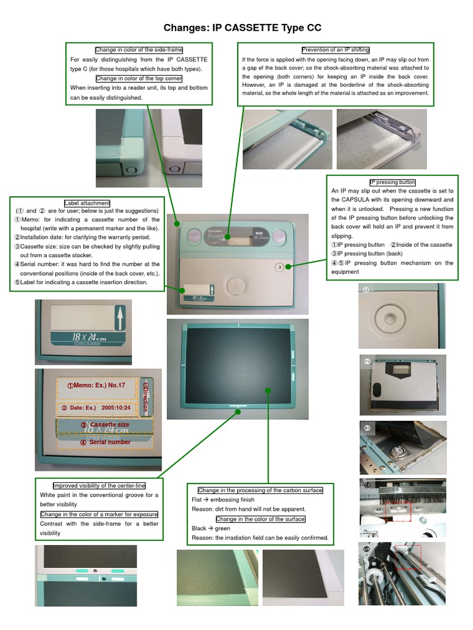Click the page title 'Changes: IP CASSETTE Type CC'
(x=242, y=28)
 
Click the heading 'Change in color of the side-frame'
(x=139, y=50)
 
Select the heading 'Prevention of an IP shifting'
(x=335, y=50)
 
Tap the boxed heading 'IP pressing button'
(x=392, y=182)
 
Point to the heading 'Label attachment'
(x=87, y=203)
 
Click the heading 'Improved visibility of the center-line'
(x=99, y=485)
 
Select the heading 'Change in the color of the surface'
(x=261, y=519)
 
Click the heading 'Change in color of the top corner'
(x=139, y=78)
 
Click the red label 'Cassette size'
(x=105, y=425)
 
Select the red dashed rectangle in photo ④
(x=397, y=511)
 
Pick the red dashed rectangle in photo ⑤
(x=407, y=556)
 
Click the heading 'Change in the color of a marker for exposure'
(x=99, y=514)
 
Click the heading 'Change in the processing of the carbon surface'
(x=260, y=490)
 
